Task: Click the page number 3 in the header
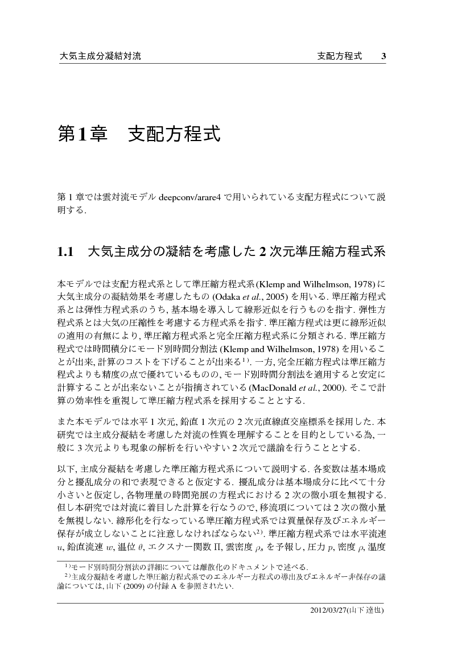pos(384,56)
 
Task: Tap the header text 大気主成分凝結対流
pos(100,56)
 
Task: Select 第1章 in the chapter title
pos(80,134)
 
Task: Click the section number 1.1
pos(67,252)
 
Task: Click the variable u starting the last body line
pos(60,548)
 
